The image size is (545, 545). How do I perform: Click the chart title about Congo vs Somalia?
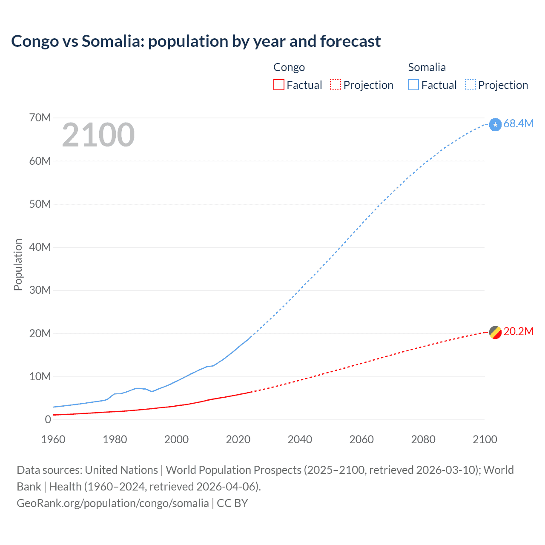tap(196, 41)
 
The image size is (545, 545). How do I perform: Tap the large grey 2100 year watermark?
tap(98, 135)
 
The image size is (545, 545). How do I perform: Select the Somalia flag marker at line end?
tap(495, 124)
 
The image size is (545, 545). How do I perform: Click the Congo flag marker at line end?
tap(495, 332)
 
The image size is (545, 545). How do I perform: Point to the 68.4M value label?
tap(518, 123)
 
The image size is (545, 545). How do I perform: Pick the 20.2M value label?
tap(518, 331)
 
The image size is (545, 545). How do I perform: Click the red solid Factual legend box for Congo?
tap(279, 85)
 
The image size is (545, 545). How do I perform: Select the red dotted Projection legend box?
tap(336, 85)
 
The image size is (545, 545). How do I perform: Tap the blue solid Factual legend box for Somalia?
tap(413, 85)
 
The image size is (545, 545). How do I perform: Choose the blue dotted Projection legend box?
tap(470, 85)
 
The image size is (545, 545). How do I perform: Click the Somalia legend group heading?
tap(427, 67)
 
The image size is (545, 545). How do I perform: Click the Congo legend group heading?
tap(289, 67)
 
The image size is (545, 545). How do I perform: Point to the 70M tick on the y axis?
tap(40, 118)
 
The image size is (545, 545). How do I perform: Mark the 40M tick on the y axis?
tap(40, 247)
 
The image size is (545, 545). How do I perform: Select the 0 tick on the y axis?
tap(48, 419)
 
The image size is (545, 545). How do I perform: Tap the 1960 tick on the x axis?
tap(53, 439)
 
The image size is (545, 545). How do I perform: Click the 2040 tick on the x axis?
tap(300, 439)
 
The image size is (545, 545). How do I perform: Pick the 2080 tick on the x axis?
tap(423, 439)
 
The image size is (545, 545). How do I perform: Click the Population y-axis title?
tap(18, 264)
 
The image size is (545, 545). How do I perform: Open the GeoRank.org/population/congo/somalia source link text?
tap(113, 503)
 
